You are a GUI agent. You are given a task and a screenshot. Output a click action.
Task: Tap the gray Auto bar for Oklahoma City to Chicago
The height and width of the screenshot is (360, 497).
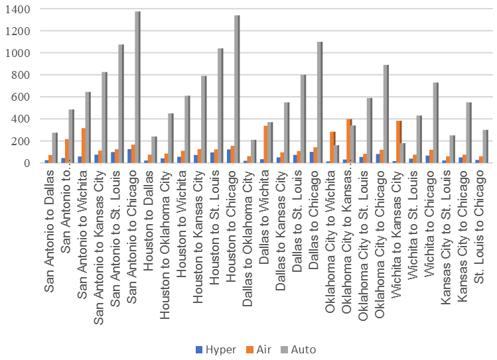click(x=386, y=113)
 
